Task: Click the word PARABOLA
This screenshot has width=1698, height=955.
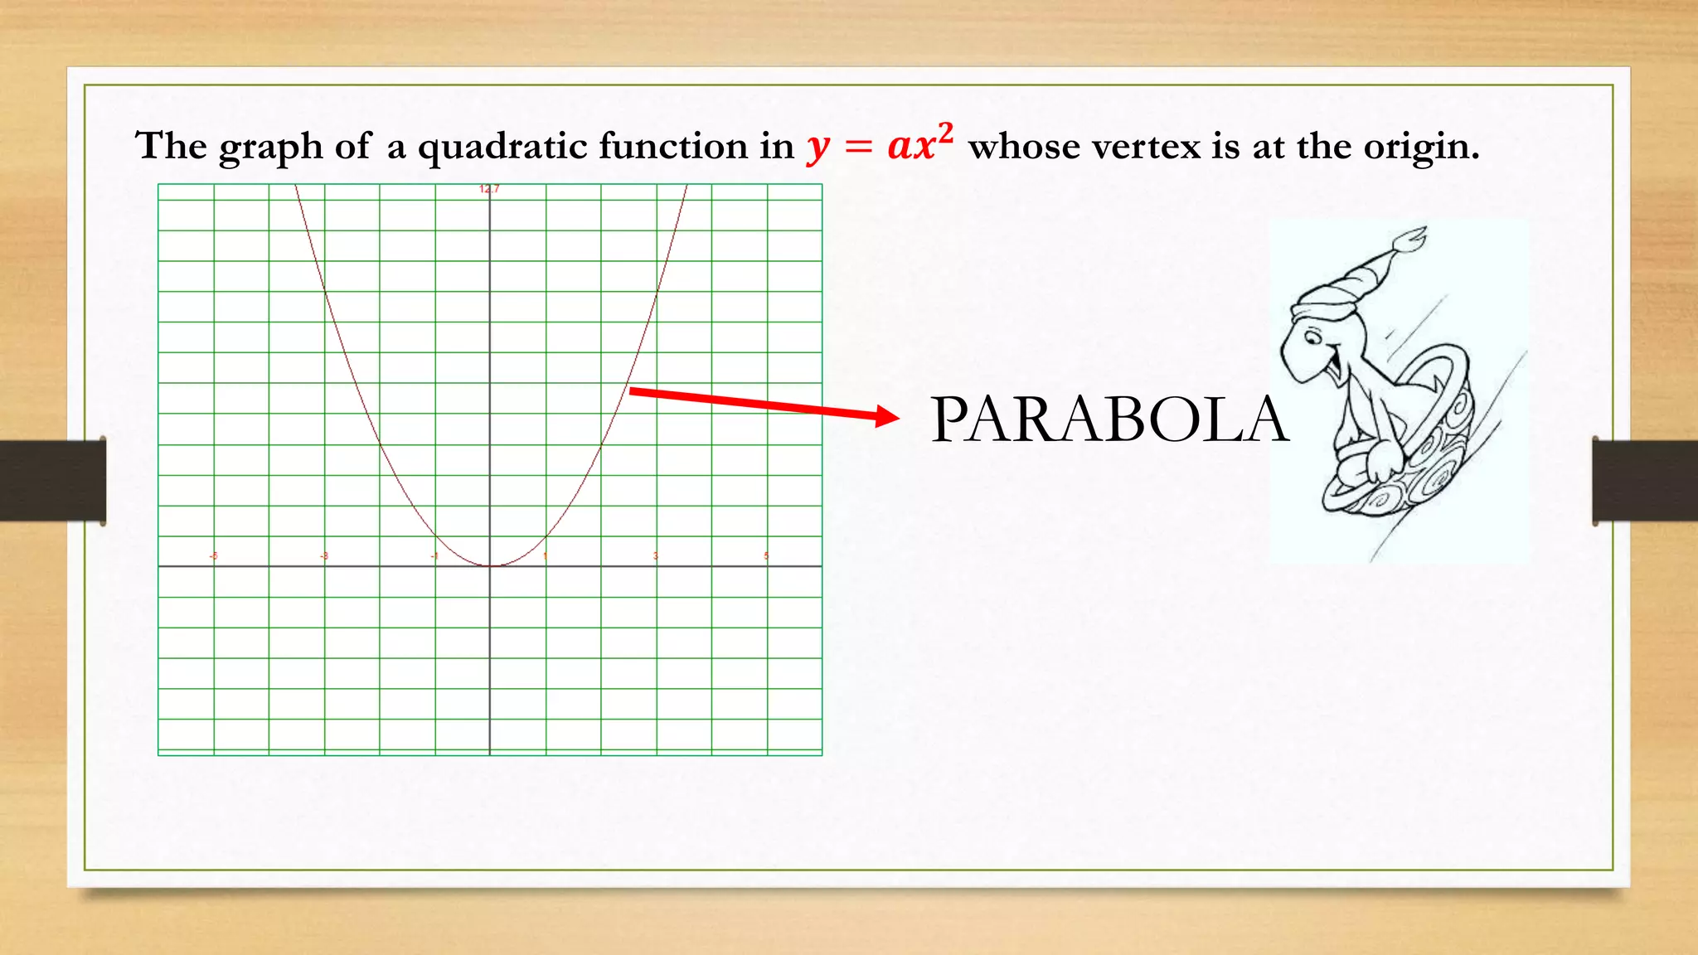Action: [1109, 419]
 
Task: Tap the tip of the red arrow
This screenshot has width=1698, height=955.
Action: [897, 416]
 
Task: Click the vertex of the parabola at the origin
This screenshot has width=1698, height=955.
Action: [490, 565]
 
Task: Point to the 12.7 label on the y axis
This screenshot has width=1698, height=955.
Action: [489, 189]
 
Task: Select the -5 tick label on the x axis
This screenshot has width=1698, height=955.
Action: [213, 555]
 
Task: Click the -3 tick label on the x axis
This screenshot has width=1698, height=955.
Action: [324, 555]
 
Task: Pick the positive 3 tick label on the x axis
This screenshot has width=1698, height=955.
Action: [656, 555]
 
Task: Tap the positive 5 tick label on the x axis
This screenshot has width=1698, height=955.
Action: [766, 555]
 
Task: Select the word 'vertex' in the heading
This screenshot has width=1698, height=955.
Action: [1144, 148]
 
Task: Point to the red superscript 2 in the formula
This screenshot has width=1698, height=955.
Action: [945, 133]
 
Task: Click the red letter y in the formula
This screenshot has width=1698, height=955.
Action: [818, 149]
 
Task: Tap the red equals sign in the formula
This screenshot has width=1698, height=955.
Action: [858, 148]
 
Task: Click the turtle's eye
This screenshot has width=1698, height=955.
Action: [1313, 337]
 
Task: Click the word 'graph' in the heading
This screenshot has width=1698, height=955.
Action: [270, 148]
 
